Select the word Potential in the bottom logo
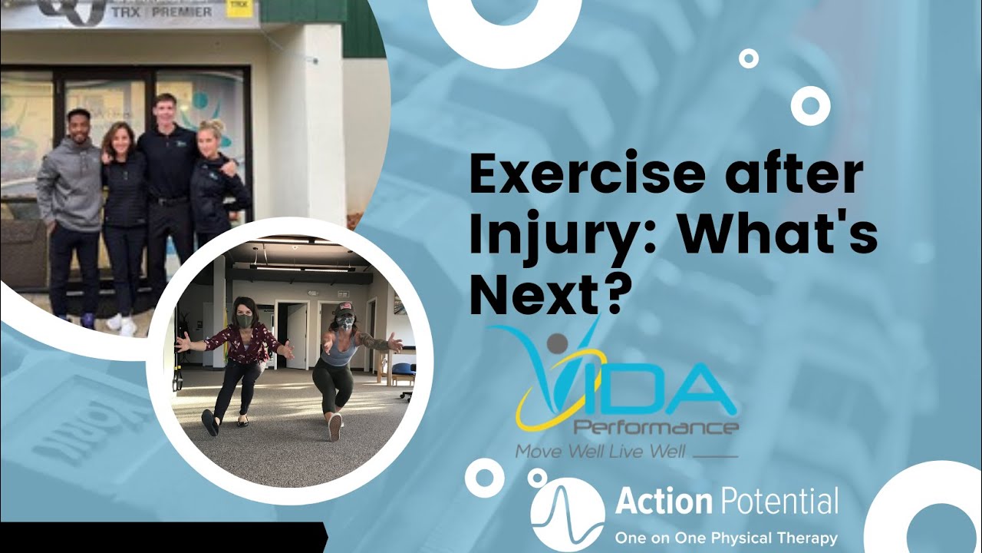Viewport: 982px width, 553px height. (x=779, y=503)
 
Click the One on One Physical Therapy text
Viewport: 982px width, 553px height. (x=726, y=538)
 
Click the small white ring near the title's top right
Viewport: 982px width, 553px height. (x=748, y=58)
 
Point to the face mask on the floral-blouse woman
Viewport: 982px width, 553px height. (x=244, y=321)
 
